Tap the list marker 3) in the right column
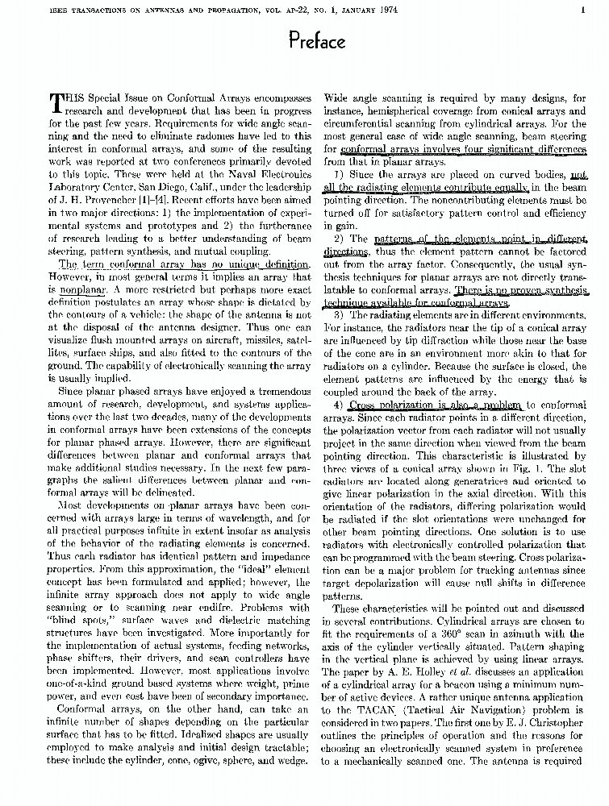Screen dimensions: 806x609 pos(339,314)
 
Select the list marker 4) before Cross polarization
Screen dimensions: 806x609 pos(339,405)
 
